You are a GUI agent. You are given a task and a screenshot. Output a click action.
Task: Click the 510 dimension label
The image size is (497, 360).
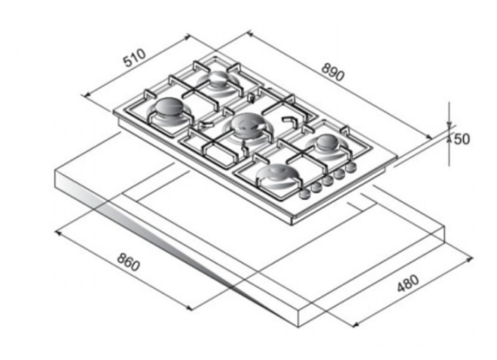point(135,58)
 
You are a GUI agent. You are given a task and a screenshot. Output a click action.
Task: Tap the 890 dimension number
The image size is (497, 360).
point(332,72)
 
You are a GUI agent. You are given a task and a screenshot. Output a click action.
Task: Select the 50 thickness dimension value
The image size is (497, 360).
point(462,139)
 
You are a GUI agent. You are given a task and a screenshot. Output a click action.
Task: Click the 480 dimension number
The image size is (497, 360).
point(408,283)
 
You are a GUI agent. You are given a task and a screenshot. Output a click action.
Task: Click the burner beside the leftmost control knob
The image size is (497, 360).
point(278,174)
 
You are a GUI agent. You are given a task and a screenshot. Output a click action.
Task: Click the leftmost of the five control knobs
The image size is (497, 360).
point(304,195)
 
